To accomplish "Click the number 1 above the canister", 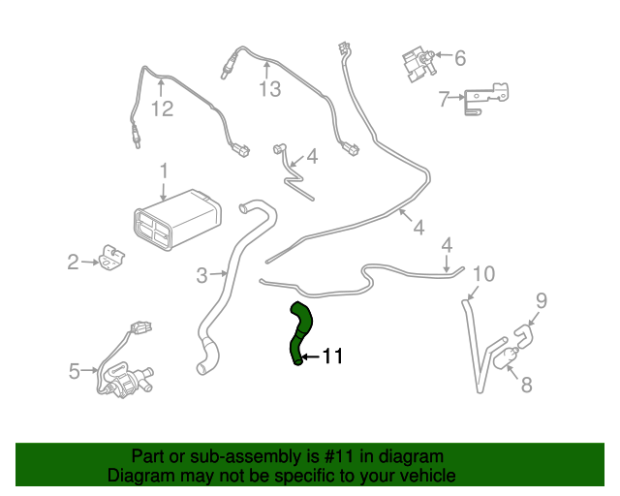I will pyautogui.click(x=165, y=171).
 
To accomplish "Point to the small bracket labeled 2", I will pyautogui.click(x=112, y=259).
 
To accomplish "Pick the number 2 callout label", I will pyautogui.click(x=73, y=262).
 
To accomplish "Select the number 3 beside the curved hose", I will pyautogui.click(x=201, y=276).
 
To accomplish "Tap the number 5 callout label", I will pyautogui.click(x=74, y=370).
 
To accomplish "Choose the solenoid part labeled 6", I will pyautogui.click(x=416, y=59).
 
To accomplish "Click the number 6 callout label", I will pyautogui.click(x=459, y=58).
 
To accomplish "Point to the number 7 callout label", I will pyautogui.click(x=444, y=99).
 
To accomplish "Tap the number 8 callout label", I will pyautogui.click(x=526, y=386).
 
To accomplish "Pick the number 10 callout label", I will pyautogui.click(x=482, y=274).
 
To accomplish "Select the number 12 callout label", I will pyautogui.click(x=161, y=109).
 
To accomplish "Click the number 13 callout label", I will pyautogui.click(x=268, y=90).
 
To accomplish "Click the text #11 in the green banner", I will pyautogui.click(x=325, y=456).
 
